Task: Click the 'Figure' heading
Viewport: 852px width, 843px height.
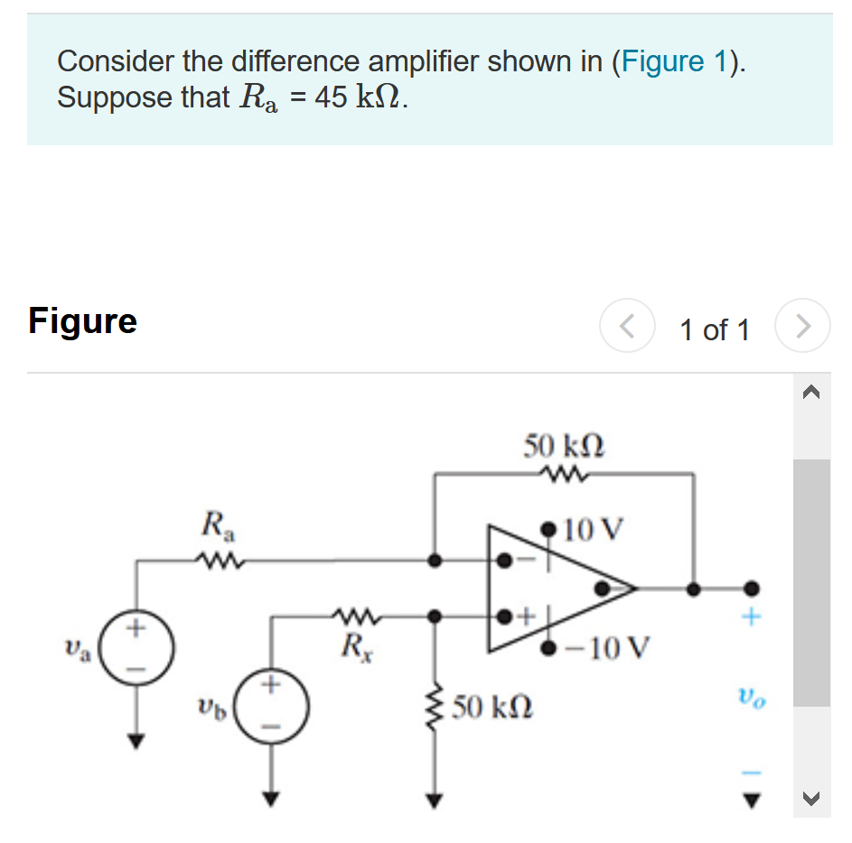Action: [82, 320]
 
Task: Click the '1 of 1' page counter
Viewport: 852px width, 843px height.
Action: [714, 330]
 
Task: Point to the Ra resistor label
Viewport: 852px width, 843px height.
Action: [215, 524]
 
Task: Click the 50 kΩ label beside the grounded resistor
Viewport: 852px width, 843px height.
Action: [493, 707]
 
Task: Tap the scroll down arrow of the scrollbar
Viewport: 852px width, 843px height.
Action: [810, 797]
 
